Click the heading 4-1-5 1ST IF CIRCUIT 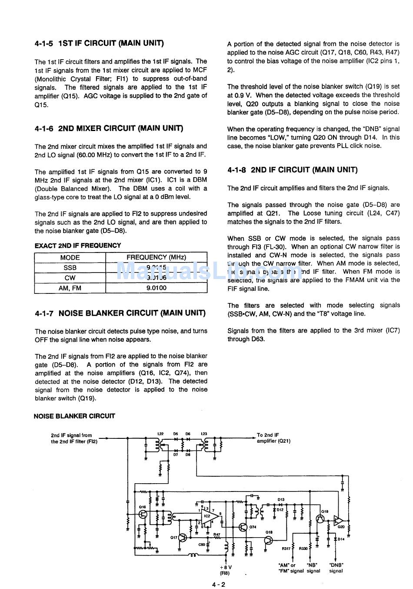click(x=99, y=43)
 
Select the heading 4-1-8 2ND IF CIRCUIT click(x=292, y=170)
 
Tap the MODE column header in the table click(x=70, y=257)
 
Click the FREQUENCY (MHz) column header click(x=156, y=257)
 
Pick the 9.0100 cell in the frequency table click(x=156, y=288)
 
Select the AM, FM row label click(x=70, y=288)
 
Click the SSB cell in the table click(x=70, y=268)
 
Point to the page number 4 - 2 click(x=218, y=584)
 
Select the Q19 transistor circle click(x=320, y=519)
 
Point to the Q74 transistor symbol click(x=242, y=527)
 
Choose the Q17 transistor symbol click(x=183, y=538)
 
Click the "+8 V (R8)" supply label click(x=226, y=570)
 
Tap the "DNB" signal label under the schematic click(x=336, y=568)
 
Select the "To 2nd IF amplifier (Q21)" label click(x=273, y=438)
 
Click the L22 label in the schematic click(x=160, y=434)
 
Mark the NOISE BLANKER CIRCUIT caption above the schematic click(x=74, y=416)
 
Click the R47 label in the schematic click(x=216, y=535)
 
